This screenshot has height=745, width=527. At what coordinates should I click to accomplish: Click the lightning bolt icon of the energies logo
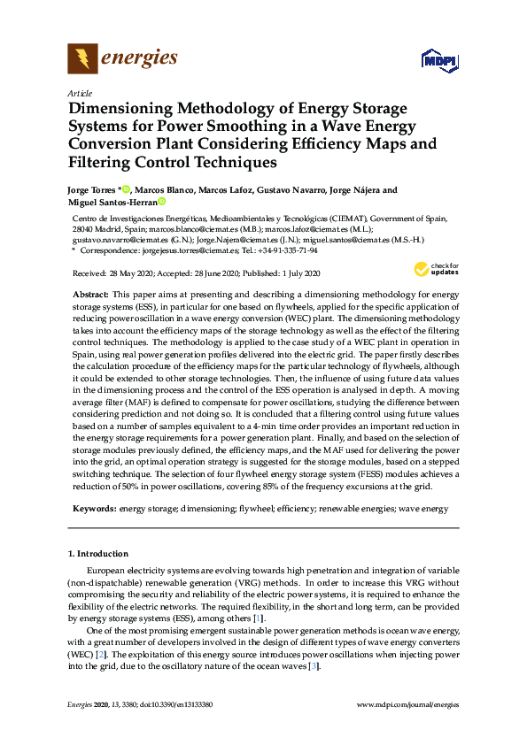point(82,59)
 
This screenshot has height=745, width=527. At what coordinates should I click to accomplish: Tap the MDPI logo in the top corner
point(440,60)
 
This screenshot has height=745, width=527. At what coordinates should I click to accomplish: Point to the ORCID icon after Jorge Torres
point(126,189)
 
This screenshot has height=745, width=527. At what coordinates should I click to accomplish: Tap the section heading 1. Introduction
point(97,554)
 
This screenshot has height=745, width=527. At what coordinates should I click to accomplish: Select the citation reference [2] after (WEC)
point(102,654)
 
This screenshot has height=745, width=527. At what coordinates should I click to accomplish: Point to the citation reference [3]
point(313,666)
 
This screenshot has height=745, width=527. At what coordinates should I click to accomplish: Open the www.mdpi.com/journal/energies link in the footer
point(407,704)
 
